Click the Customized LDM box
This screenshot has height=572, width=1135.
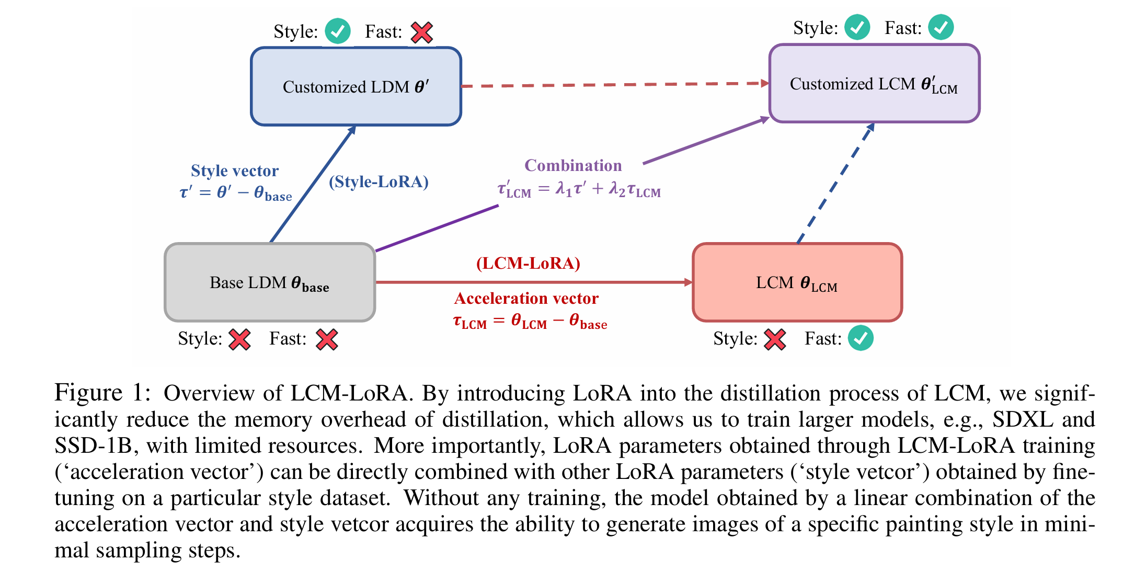click(x=356, y=87)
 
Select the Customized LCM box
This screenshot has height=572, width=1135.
click(x=874, y=84)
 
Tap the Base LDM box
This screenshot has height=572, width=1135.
click(x=270, y=283)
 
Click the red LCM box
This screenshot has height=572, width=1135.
click(x=797, y=283)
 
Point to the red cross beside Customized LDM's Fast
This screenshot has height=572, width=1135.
click(x=421, y=32)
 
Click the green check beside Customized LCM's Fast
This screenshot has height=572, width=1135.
click(x=941, y=27)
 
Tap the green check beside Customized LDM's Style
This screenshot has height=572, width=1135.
click(x=337, y=31)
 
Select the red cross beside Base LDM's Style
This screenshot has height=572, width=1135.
click(x=240, y=339)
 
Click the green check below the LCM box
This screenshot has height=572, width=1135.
click(x=861, y=338)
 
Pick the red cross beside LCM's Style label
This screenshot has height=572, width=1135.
click(x=775, y=339)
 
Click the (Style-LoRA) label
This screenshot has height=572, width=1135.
click(x=379, y=182)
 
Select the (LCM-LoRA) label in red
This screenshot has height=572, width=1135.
click(x=528, y=263)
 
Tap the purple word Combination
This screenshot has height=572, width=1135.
click(x=573, y=165)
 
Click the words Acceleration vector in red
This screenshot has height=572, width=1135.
click(x=526, y=298)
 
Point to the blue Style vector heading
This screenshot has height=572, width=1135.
click(x=234, y=170)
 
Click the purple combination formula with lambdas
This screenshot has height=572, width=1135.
click(x=579, y=189)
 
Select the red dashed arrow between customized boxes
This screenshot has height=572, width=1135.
click(x=614, y=85)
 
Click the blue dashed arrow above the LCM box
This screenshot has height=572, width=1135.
click(x=835, y=183)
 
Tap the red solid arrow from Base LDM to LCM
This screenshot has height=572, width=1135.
click(x=533, y=282)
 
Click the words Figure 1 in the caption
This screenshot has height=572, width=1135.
click(x=102, y=393)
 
